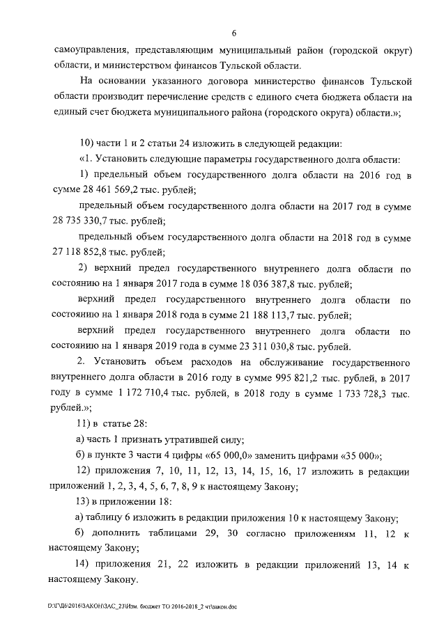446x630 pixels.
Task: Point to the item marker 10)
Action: tap(86, 143)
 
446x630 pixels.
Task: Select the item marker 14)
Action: tap(86, 562)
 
